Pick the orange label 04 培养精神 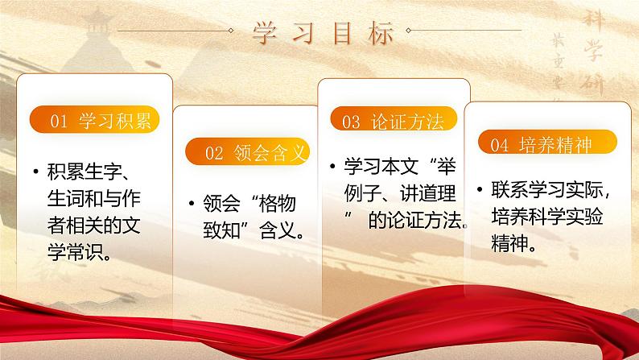[x=541, y=145]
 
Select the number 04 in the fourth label [x=499, y=146]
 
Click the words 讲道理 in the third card [x=427, y=193]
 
